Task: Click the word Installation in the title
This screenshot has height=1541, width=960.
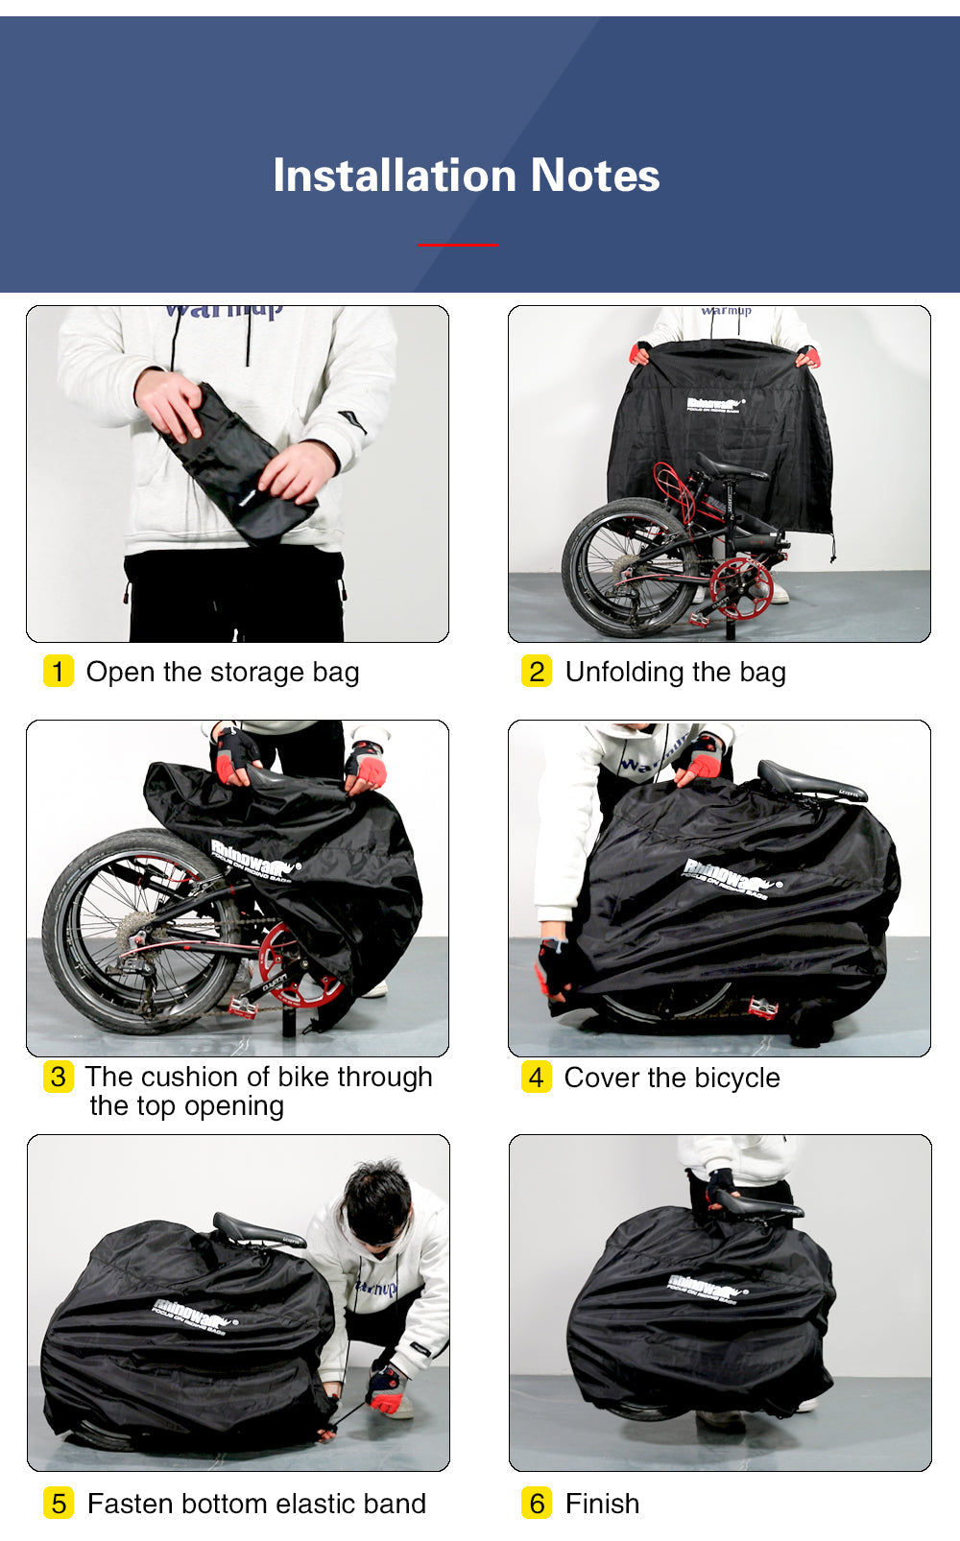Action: [395, 176]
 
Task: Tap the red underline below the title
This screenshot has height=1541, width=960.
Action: [458, 245]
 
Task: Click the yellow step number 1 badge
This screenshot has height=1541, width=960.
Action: [59, 671]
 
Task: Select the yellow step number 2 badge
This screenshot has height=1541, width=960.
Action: [537, 671]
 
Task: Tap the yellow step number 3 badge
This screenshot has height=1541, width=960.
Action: [59, 1077]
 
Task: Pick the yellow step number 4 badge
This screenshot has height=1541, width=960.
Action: [537, 1077]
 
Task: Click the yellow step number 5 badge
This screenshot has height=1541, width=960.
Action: [59, 1503]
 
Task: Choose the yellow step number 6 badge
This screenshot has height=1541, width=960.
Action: [537, 1503]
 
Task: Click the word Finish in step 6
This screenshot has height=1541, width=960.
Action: [602, 1504]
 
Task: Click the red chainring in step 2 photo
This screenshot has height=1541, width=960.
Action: [740, 586]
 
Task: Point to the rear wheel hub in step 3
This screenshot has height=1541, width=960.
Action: [134, 929]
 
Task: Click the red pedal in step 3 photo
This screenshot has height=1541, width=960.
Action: [242, 1007]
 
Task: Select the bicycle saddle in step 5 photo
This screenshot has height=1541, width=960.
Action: [252, 1230]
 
